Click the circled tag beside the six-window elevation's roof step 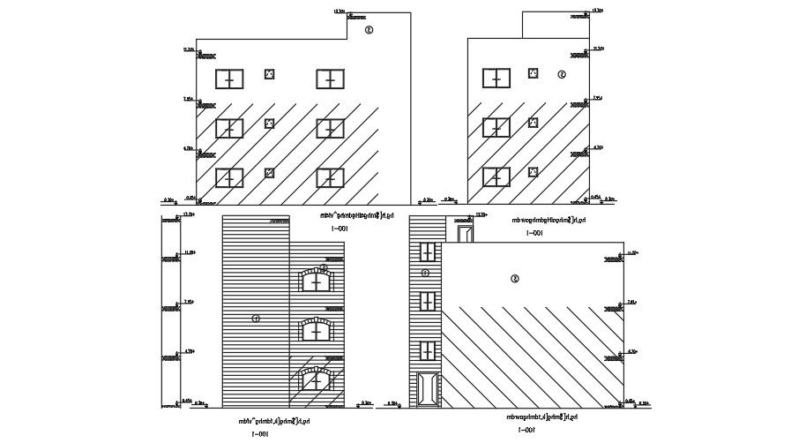369,29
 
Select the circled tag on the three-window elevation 562,74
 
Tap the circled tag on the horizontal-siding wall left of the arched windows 256,318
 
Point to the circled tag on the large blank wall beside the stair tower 514,279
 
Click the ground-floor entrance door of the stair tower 429,389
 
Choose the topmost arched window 317,280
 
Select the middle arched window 317,329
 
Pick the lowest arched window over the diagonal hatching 317,379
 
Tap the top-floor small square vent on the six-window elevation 270,74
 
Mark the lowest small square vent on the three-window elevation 533,172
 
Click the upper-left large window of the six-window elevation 229,79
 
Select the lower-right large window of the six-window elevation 330,177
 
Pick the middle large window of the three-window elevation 496,128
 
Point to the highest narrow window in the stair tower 429,252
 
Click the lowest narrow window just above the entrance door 429,350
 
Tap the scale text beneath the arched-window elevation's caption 260,433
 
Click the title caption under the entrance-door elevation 541,416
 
